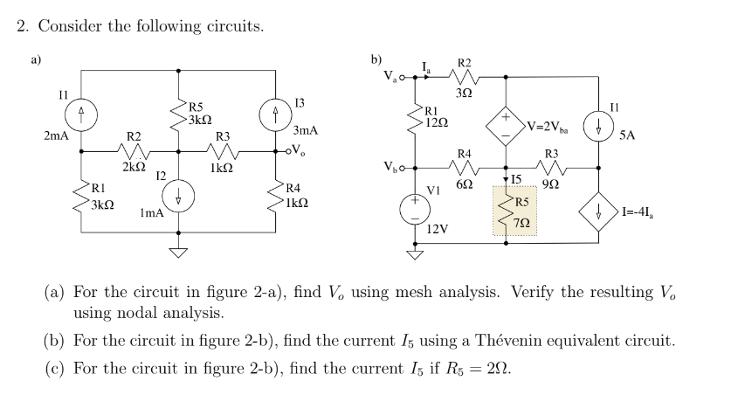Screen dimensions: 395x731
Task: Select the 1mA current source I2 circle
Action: click(x=178, y=194)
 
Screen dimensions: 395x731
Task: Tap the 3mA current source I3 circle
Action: click(x=276, y=112)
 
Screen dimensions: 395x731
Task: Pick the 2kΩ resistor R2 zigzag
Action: click(x=132, y=149)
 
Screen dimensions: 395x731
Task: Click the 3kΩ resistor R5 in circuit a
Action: click(x=179, y=112)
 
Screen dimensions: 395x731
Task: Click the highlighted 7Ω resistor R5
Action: click(x=507, y=211)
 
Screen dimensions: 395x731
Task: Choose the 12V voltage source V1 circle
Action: click(x=410, y=207)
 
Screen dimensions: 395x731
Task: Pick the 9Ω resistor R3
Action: click(x=552, y=166)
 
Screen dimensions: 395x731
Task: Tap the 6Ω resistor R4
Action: click(x=463, y=166)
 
